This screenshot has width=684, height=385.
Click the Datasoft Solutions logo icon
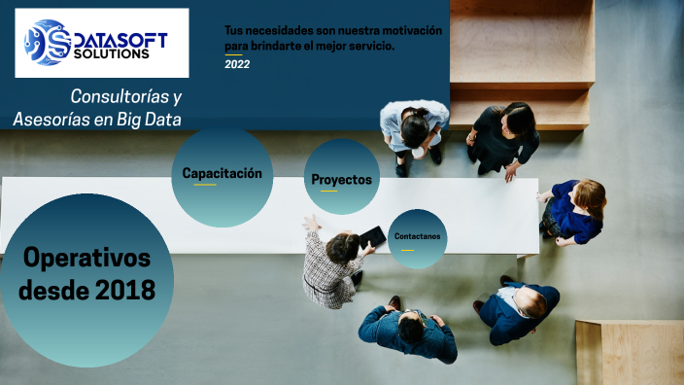coord(47,43)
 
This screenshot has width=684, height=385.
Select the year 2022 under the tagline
coord(237,64)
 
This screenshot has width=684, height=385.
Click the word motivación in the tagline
coord(410,30)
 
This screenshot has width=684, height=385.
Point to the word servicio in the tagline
coord(370,46)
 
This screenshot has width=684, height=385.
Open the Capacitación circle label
coord(222,173)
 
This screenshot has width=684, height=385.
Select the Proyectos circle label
coord(341,180)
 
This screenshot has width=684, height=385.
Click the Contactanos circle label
coord(417,236)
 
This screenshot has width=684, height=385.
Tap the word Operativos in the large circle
coord(86,259)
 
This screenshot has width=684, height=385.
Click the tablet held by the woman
coord(372,236)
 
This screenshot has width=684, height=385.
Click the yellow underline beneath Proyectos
coord(329,192)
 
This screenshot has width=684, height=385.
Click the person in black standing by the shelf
coord(503,136)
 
